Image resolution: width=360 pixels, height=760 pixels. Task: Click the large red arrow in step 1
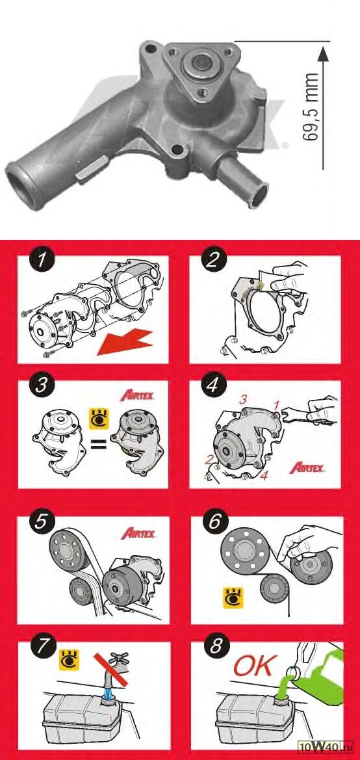pos(125,341)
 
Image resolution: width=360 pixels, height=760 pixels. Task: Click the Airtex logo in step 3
pos(137,395)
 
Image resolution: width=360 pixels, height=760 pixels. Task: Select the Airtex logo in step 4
pos(307,467)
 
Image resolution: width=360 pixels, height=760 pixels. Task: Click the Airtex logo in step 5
pos(138,534)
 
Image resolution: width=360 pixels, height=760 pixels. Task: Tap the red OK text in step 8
pos(255,666)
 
